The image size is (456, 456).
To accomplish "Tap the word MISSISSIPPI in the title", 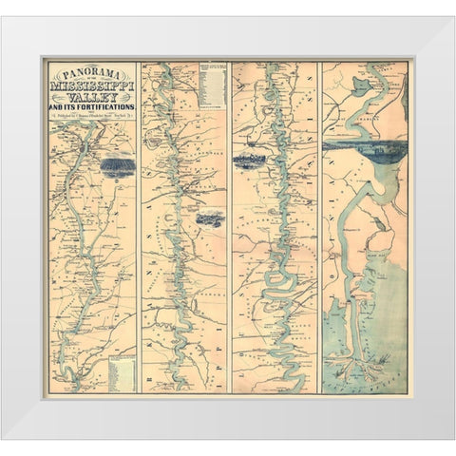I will (x=91, y=85).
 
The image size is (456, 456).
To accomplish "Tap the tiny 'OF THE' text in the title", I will (x=91, y=77).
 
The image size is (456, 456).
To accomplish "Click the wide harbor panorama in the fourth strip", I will (x=365, y=150).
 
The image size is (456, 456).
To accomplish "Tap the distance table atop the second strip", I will (x=211, y=85).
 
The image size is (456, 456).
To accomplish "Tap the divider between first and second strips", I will (x=139, y=228).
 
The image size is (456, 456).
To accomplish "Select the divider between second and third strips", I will (x=229, y=228).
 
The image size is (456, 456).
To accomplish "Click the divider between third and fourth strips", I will (x=319, y=228).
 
